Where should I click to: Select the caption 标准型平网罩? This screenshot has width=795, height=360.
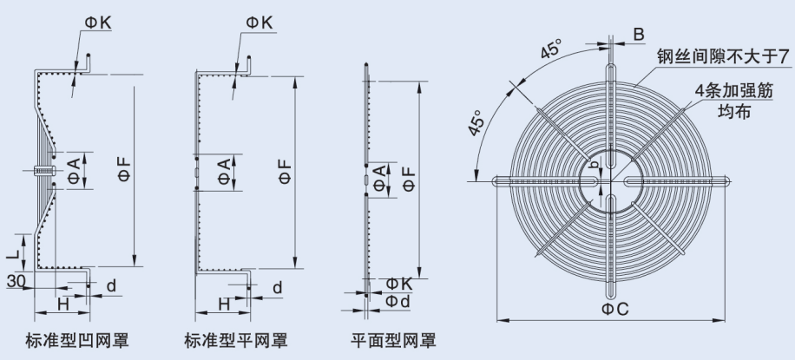click(237, 340)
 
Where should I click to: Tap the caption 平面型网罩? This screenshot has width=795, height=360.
click(393, 340)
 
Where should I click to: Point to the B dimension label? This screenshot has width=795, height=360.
click(638, 35)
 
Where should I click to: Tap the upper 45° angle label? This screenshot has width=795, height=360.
click(549, 51)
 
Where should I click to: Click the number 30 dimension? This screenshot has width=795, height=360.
click(15, 281)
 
